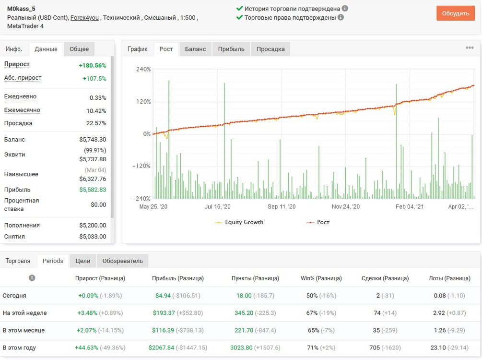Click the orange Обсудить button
[456, 13]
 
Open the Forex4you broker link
[84, 18]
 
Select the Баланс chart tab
[195, 49]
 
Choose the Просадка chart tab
[270, 49]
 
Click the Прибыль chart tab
[231, 49]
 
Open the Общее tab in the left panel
[79, 49]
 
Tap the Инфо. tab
[14, 49]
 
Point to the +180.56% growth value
[93, 65]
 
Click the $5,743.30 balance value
[93, 139]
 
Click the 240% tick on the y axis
[143, 69]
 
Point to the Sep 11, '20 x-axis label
[282, 206]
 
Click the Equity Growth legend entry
[239, 222]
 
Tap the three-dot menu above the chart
[470, 48]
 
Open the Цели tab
[82, 261]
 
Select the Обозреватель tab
[123, 261]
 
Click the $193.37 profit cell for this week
[164, 313]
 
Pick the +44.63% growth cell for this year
[86, 348]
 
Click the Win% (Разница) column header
[321, 278]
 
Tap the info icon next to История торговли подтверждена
[345, 8]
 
